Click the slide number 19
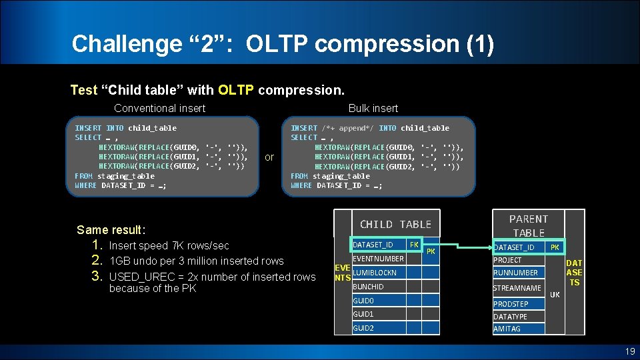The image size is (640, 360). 629,351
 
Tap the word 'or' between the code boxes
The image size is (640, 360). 269,157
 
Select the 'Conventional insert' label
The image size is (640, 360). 159,108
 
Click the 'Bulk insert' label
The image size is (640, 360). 373,108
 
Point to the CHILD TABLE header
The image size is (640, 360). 395,225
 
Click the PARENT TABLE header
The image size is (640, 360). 528,226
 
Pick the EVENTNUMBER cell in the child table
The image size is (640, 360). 378,259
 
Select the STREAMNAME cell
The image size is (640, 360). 517,289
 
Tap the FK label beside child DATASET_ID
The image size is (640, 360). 414,245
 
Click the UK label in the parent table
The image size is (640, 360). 555,295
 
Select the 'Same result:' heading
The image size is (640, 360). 111,230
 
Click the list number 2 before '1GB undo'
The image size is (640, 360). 96,261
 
